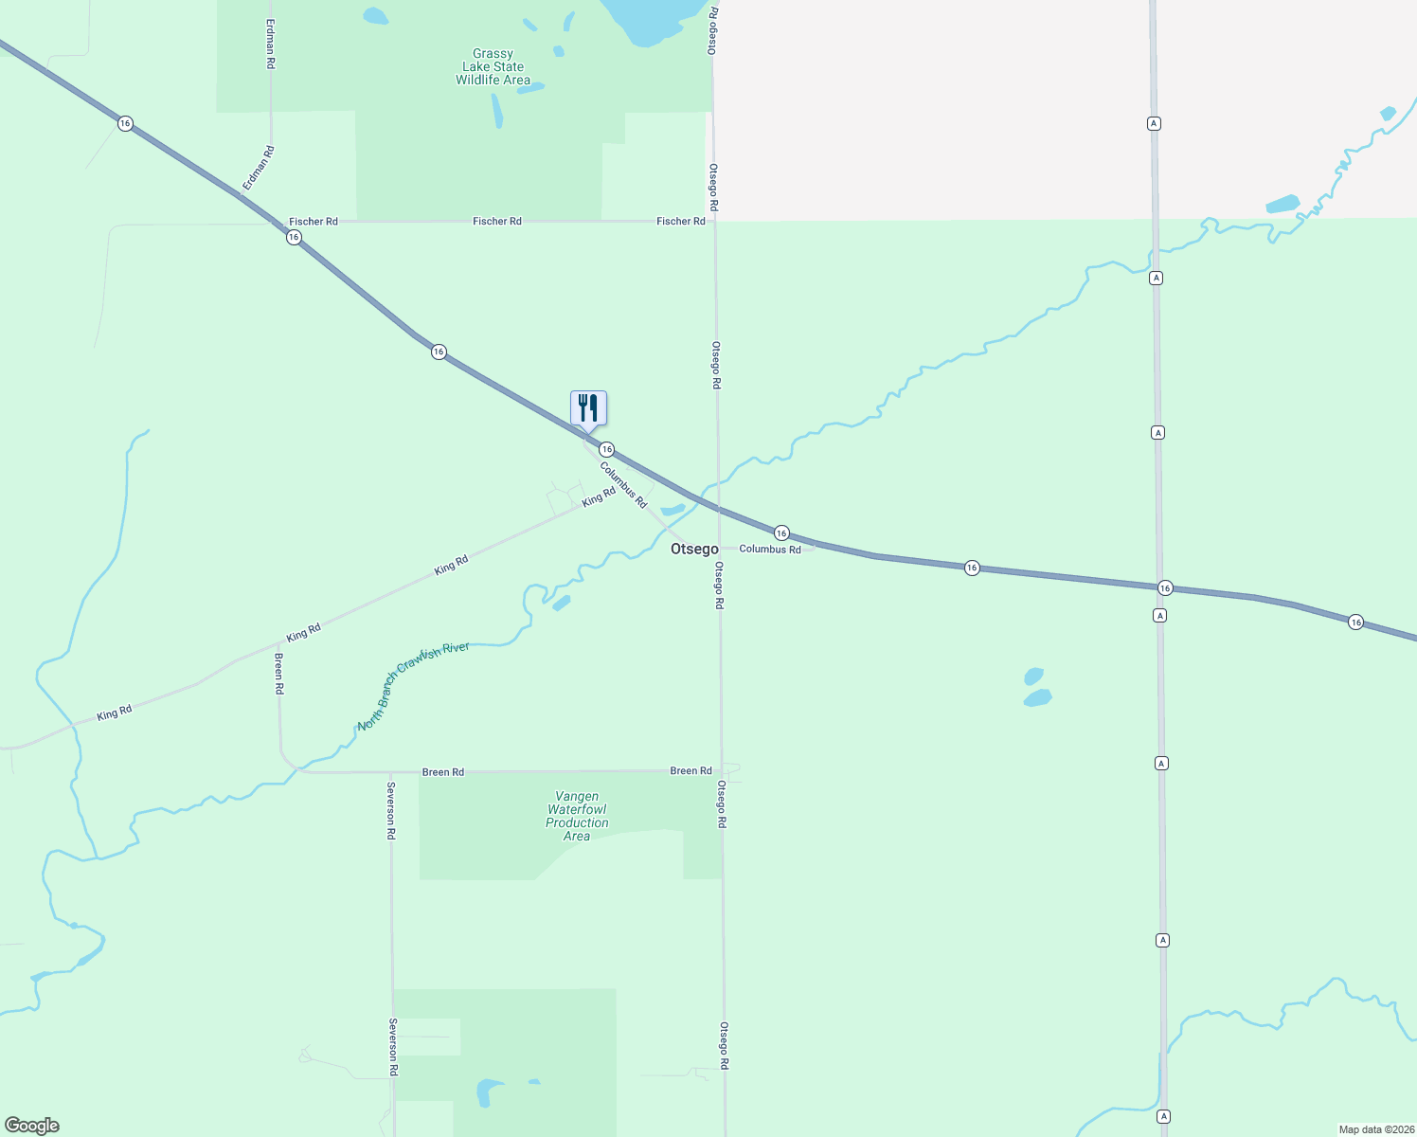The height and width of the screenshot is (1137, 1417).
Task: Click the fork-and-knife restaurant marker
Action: tap(588, 408)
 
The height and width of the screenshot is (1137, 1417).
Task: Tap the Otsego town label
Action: tap(694, 550)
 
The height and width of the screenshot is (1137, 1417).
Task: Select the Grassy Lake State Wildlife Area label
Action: tap(493, 67)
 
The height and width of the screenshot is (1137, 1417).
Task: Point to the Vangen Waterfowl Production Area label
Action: tap(577, 816)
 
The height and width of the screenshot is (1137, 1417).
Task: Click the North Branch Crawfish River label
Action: tap(413, 686)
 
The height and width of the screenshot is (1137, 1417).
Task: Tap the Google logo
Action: tap(32, 1126)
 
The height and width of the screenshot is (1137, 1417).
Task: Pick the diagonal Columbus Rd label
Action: tap(623, 484)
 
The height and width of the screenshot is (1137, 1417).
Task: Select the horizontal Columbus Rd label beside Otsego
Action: tap(770, 550)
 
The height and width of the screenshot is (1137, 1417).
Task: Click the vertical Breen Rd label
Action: tap(279, 674)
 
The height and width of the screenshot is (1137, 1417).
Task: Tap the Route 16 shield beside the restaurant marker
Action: tap(607, 449)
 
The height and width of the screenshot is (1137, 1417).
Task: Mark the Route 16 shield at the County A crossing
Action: tap(1165, 588)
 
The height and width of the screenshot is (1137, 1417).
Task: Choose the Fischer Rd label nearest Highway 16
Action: tap(314, 222)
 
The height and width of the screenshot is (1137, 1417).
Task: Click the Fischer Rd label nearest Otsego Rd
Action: tap(681, 222)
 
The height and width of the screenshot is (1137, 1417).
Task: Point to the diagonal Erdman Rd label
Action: tap(258, 168)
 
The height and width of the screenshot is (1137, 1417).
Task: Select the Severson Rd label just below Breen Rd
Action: tap(390, 810)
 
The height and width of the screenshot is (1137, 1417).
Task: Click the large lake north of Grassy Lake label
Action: tap(654, 19)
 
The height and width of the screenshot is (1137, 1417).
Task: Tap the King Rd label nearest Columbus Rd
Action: tap(599, 496)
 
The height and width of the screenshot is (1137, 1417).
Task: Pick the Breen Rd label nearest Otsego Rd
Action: tap(691, 771)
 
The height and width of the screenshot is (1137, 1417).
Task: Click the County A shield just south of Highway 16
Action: tap(1159, 616)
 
